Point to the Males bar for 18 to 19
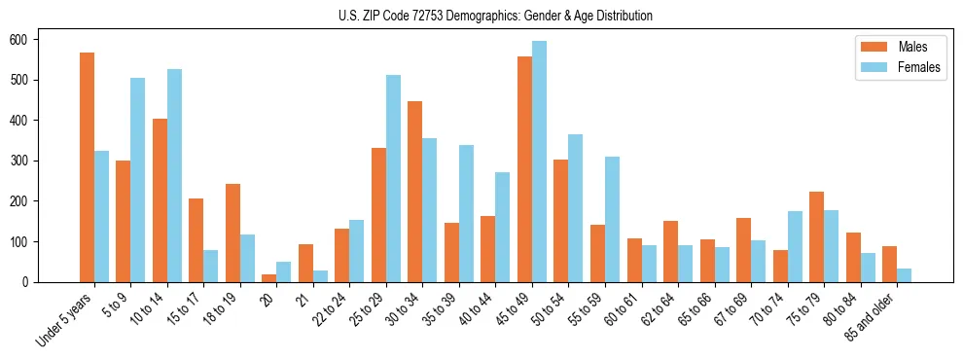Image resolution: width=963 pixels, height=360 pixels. [x=232, y=233]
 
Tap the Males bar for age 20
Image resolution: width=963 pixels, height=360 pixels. [x=269, y=278]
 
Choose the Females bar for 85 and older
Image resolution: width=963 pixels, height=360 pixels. [x=904, y=275]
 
